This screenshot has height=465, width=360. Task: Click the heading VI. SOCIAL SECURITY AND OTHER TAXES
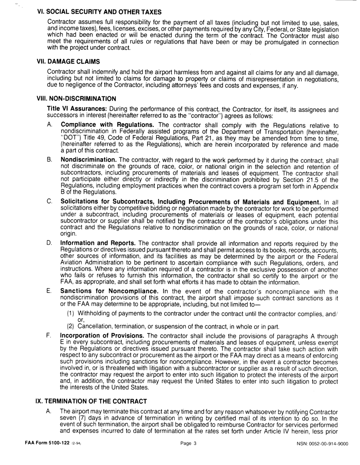pos(99,12)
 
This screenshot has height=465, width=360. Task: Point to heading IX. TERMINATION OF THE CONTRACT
pos(91,401)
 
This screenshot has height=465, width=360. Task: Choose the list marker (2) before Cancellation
pos(70,327)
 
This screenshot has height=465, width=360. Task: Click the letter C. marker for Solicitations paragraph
pos(50,201)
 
